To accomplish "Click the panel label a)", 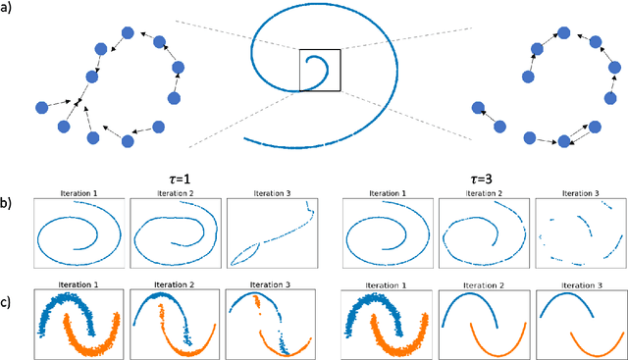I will [9, 11].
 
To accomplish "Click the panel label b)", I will [9, 206].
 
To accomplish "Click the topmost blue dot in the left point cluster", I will [126, 32].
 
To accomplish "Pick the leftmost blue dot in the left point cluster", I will [41, 107].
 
